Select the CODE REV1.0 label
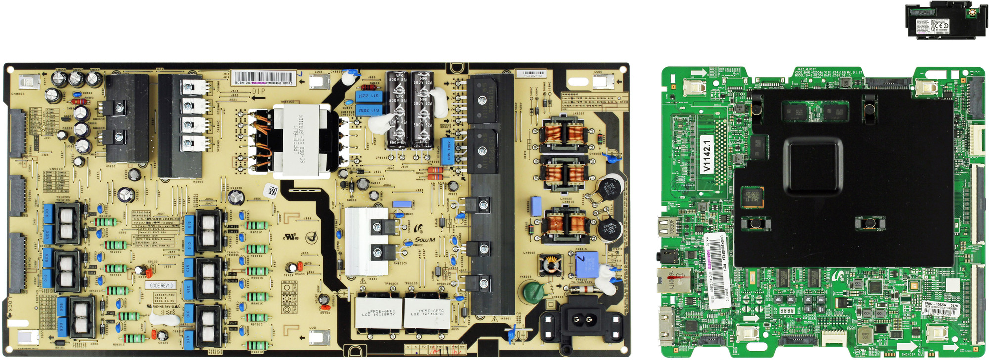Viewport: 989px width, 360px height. coord(161,286)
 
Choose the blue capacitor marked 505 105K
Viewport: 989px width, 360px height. coord(448,151)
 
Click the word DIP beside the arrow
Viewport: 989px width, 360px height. coord(258,91)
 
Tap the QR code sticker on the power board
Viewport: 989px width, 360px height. coord(271,190)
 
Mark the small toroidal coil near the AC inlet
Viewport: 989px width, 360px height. coord(550,266)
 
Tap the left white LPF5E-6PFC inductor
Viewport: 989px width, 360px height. coord(378,313)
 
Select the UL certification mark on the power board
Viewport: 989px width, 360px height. coord(290,237)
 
